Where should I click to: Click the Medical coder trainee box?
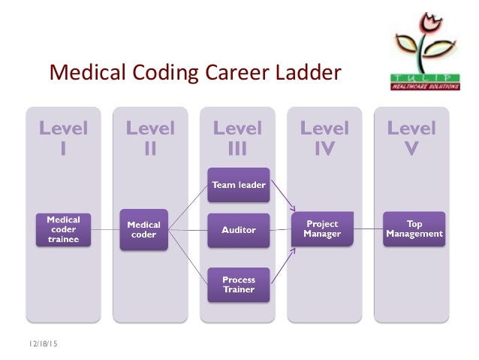click(x=63, y=229)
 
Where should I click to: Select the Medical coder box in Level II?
click(x=143, y=229)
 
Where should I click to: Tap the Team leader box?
click(x=238, y=184)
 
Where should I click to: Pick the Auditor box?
click(x=238, y=229)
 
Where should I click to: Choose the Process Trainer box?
click(x=238, y=284)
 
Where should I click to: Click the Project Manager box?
click(x=322, y=228)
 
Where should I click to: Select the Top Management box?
click(x=414, y=228)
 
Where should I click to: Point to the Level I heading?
click(x=63, y=138)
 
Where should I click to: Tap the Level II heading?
click(x=150, y=138)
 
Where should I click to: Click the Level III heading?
click(x=237, y=138)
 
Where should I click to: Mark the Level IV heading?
click(x=324, y=138)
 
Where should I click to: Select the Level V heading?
click(x=411, y=138)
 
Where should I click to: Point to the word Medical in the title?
click(x=82, y=73)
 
